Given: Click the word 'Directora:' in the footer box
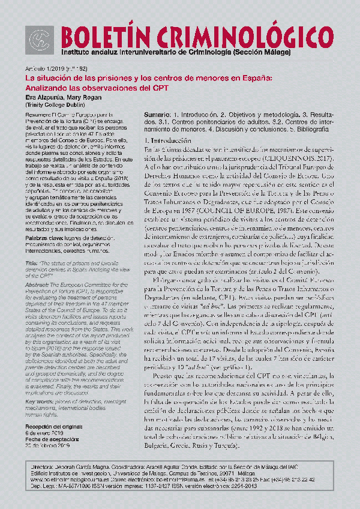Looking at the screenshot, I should click(43, 466).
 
